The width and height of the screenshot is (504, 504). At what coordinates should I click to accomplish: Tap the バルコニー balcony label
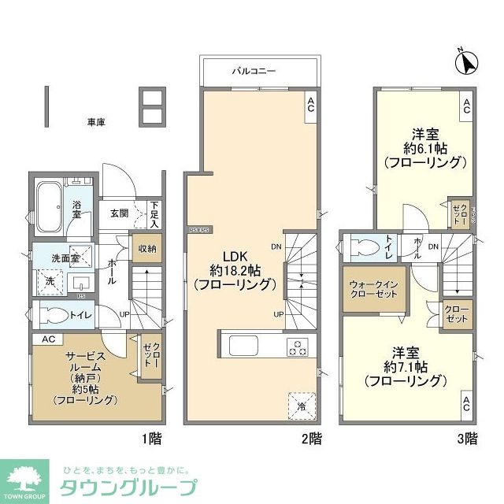coord(254,71)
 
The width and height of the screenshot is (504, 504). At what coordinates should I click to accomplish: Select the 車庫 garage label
coord(97,122)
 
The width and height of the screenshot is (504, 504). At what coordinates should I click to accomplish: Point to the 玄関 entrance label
coord(119,213)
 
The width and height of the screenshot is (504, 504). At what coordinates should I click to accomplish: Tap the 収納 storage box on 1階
coord(146,249)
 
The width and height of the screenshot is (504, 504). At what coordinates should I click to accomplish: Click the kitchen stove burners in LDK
coord(298,347)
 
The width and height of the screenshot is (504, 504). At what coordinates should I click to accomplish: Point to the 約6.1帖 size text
coord(424,147)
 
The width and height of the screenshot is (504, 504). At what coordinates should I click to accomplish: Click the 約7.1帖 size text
coord(406,366)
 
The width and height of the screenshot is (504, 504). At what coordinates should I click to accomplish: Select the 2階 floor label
coord(311,438)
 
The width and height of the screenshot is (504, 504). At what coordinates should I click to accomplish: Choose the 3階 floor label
coord(466,438)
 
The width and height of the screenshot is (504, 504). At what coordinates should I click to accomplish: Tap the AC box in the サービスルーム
coord(46,340)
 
